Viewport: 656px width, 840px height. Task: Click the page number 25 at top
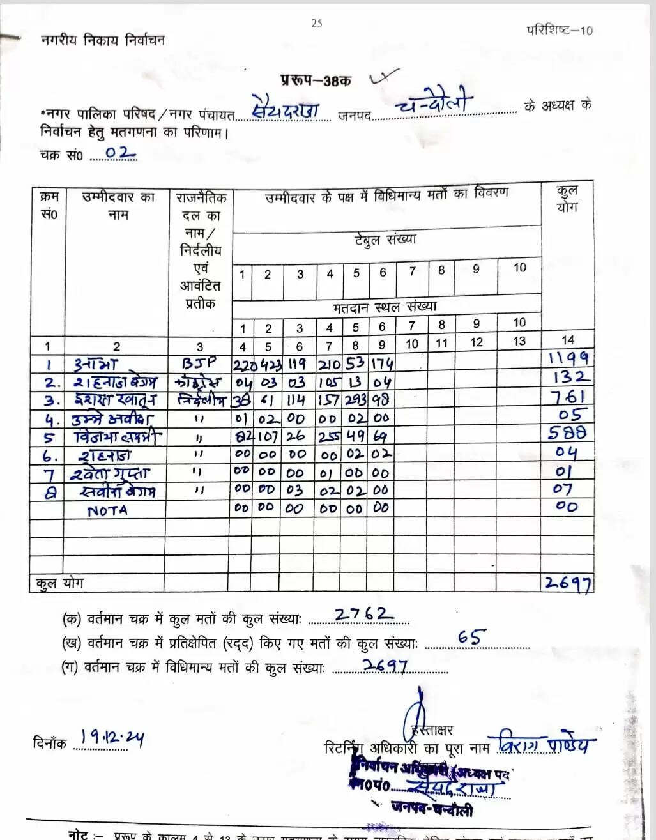pyautogui.click(x=316, y=24)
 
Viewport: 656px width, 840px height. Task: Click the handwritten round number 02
pyautogui.click(x=120, y=153)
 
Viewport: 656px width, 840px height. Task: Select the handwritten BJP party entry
pyautogui.click(x=199, y=363)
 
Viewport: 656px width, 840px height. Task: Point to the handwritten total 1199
pyautogui.click(x=568, y=358)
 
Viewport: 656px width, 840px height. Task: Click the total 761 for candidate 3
pyautogui.click(x=568, y=397)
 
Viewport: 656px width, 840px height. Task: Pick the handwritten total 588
pyautogui.click(x=567, y=433)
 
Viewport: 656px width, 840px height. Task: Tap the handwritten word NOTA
pyautogui.click(x=107, y=510)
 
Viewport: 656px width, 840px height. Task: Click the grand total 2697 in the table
pyautogui.click(x=567, y=583)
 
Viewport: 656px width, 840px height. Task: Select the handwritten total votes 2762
pyautogui.click(x=360, y=615)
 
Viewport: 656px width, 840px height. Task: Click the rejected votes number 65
pyautogui.click(x=472, y=638)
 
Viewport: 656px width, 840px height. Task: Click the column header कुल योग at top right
pyautogui.click(x=567, y=199)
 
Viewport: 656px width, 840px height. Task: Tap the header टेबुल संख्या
pyautogui.click(x=385, y=240)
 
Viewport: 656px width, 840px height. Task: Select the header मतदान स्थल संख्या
pyautogui.click(x=385, y=307)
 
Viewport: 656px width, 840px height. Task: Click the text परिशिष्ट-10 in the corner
pyautogui.click(x=559, y=30)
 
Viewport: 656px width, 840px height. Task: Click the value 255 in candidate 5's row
pyautogui.click(x=330, y=437)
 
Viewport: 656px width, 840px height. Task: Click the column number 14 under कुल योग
pyautogui.click(x=567, y=340)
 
